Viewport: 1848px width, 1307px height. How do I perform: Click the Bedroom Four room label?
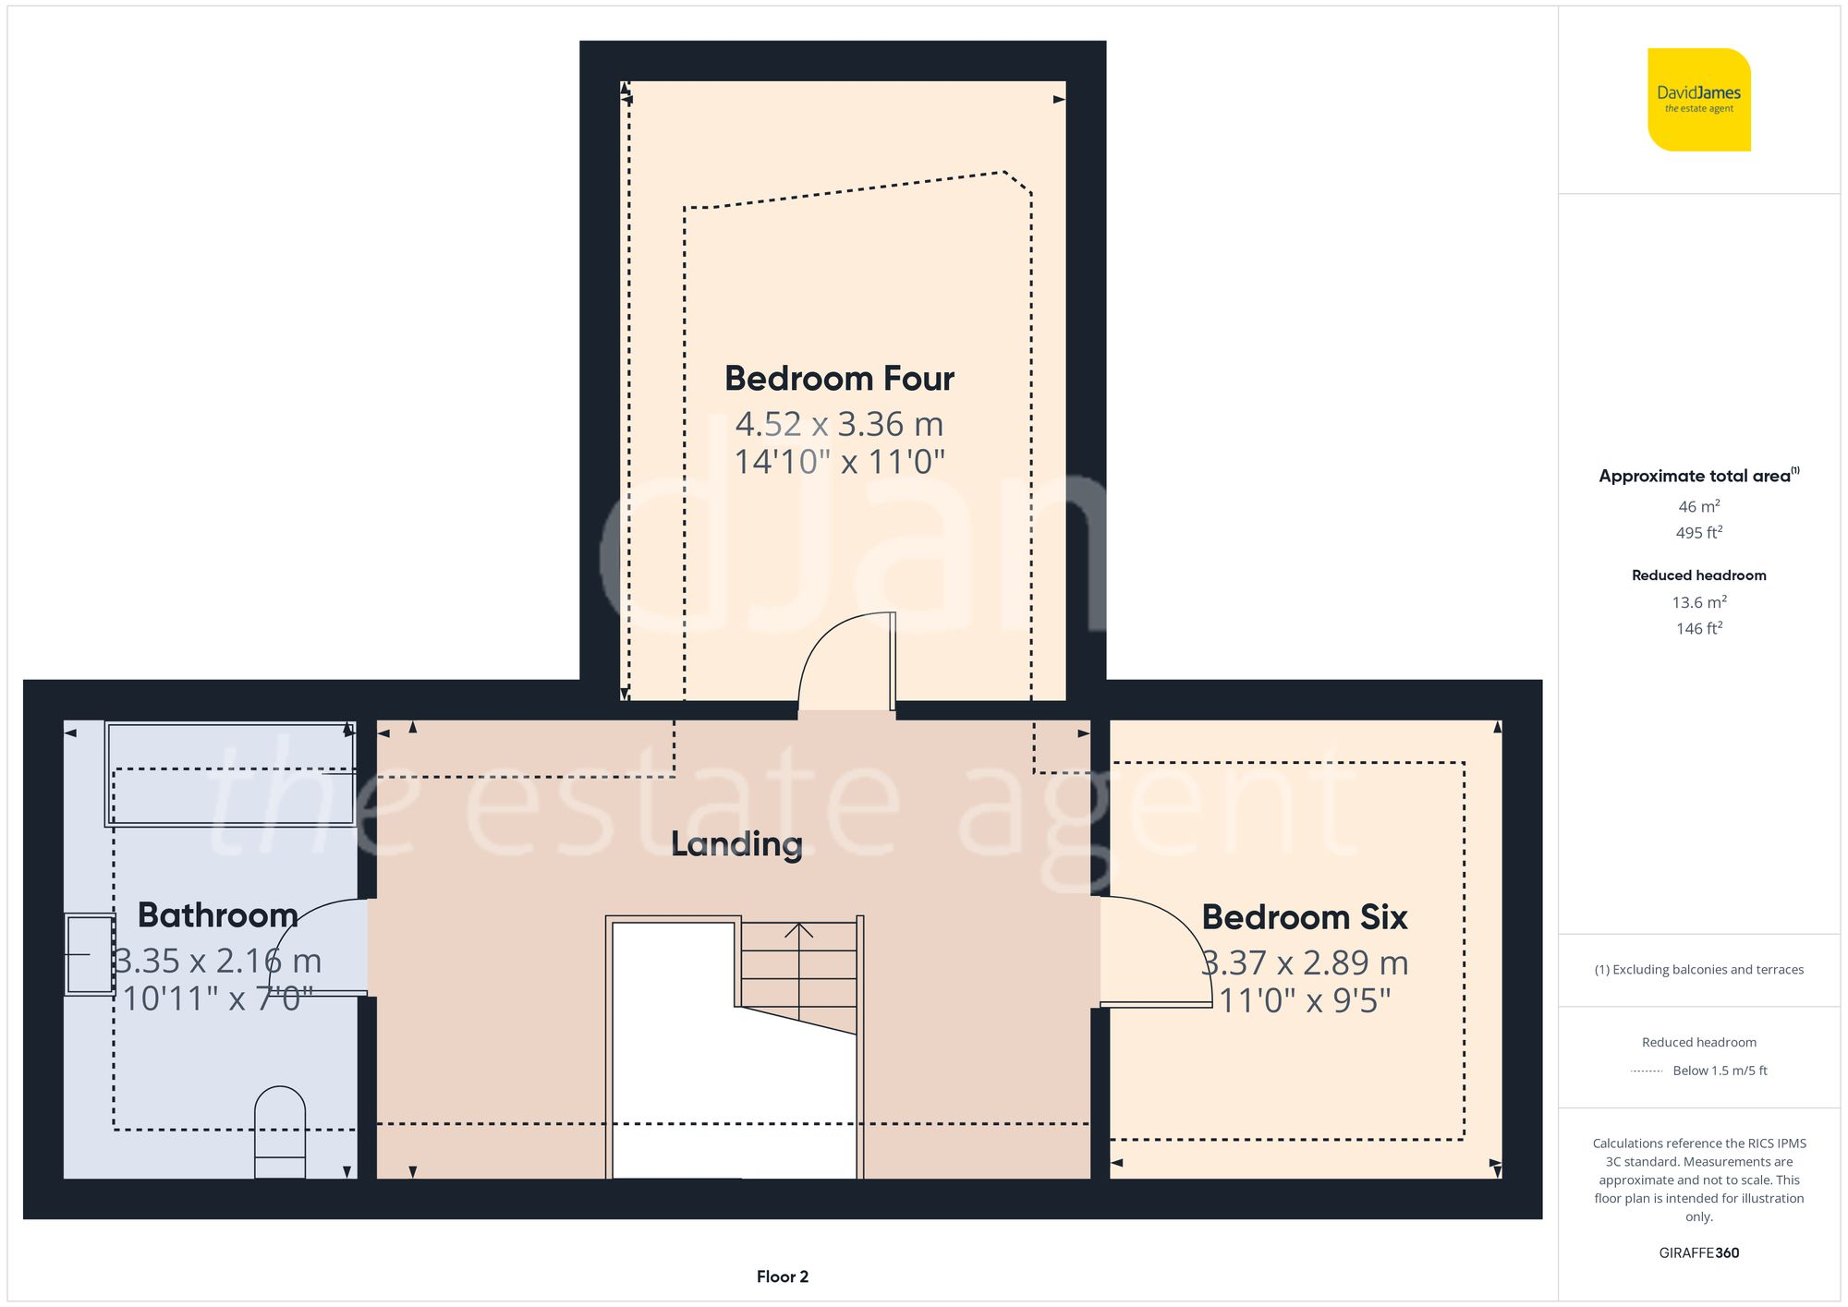pyautogui.click(x=839, y=379)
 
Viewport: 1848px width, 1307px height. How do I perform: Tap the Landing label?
pyautogui.click(x=736, y=843)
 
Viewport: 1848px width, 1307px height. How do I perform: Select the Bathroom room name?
pyautogui.click(x=217, y=915)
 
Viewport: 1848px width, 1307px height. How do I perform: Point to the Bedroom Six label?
pyautogui.click(x=1304, y=917)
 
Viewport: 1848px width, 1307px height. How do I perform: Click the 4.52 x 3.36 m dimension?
pyautogui.click(x=839, y=425)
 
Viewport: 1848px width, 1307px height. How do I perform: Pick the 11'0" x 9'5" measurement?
pyautogui.click(x=1305, y=1000)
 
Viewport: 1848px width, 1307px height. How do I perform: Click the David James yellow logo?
pyautogui.click(x=1698, y=100)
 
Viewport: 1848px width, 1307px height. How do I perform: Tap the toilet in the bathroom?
pyautogui.click(x=280, y=1132)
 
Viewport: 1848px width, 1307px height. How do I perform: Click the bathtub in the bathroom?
pyautogui.click(x=231, y=774)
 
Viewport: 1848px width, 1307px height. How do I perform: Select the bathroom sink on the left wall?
pyautogui.click(x=90, y=954)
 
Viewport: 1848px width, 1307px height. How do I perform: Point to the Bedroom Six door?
pyautogui.click(x=1155, y=951)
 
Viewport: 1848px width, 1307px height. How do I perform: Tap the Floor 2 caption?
pyautogui.click(x=782, y=1277)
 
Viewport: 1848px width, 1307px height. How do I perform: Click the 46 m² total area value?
pyautogui.click(x=1698, y=506)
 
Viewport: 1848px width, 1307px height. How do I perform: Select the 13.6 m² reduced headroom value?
pyautogui.click(x=1698, y=602)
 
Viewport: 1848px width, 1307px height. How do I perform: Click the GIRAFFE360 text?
pyautogui.click(x=1698, y=1253)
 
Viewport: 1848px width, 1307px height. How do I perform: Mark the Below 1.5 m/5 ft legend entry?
pyautogui.click(x=1719, y=1071)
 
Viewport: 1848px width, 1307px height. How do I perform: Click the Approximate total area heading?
pyautogui.click(x=1696, y=476)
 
